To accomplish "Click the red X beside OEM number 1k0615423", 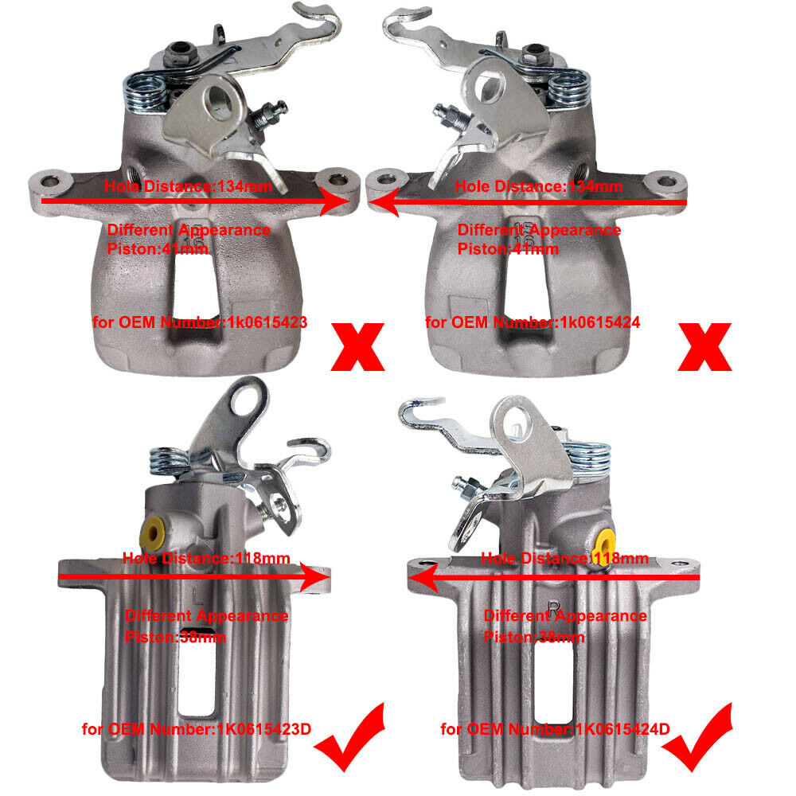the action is tap(357, 347).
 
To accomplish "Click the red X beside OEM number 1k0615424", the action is tap(704, 347).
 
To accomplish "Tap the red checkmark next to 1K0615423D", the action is tap(349, 737).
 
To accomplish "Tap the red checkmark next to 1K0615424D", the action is tap(697, 737).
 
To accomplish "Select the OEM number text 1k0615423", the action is tap(267, 322).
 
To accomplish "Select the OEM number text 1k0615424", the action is tap(599, 322).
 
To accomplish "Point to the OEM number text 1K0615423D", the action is tap(264, 729).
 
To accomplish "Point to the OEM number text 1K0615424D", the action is tap(622, 729).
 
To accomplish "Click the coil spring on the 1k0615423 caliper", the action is tap(145, 92).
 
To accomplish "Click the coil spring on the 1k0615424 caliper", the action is tap(570, 88).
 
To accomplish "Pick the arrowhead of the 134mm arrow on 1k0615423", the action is tap(336, 201).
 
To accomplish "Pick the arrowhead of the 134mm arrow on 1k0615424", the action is tap(384, 201).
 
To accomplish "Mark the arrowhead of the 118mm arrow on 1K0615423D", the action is tap(315, 576).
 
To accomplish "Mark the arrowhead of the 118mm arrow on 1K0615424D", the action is tap(423, 577).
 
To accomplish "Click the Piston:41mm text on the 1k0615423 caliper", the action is tap(158, 249).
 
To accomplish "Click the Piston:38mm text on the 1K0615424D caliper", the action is tap(534, 637).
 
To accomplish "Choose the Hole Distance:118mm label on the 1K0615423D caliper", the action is tap(206, 559).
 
